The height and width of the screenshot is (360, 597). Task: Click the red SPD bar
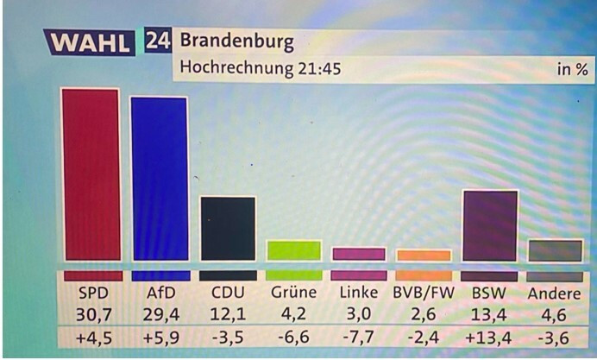click(90, 174)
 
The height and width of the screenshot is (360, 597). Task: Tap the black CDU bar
click(228, 228)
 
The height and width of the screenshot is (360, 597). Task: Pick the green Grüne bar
click(294, 250)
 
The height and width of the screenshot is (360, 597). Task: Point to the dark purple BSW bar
click(490, 225)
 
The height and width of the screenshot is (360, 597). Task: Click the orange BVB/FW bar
click(424, 255)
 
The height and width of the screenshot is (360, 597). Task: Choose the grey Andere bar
click(555, 250)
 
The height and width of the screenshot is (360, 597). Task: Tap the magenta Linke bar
click(358, 254)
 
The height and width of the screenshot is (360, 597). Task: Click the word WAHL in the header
click(90, 41)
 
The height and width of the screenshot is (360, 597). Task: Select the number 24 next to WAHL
click(157, 41)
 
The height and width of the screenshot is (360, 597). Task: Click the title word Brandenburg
click(236, 41)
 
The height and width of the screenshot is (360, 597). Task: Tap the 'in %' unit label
click(571, 69)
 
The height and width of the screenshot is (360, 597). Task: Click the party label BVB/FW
click(424, 293)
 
